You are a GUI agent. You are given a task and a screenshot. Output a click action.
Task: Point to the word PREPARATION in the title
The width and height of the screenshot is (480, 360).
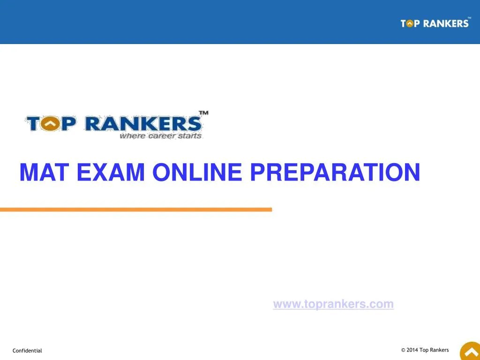[x=335, y=172]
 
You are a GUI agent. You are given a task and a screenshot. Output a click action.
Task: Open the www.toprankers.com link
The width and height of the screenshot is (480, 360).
[x=333, y=304]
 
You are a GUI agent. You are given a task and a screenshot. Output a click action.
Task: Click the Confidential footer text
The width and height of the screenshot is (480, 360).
[x=27, y=351]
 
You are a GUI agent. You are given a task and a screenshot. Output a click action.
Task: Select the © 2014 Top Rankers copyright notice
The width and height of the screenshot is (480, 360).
[x=425, y=350]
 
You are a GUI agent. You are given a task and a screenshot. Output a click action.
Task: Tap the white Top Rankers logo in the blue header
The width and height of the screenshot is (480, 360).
[x=435, y=23]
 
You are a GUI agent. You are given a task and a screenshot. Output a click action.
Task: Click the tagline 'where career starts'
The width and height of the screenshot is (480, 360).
[x=160, y=136]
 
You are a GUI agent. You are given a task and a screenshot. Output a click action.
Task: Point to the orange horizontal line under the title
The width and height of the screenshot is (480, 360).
[x=136, y=210]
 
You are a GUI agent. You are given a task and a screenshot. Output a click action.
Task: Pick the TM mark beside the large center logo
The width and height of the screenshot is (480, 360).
[x=203, y=113]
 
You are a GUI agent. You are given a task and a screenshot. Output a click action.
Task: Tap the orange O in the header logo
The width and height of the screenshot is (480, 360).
[x=410, y=23]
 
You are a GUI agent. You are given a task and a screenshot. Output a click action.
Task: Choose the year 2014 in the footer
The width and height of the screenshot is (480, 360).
[x=412, y=350]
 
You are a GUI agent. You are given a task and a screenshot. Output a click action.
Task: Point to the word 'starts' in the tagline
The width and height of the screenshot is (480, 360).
[x=189, y=136]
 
